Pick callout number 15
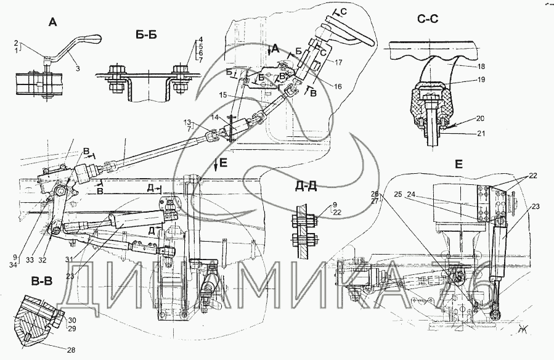point(224,94)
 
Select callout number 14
point(215,117)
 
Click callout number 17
point(340,62)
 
